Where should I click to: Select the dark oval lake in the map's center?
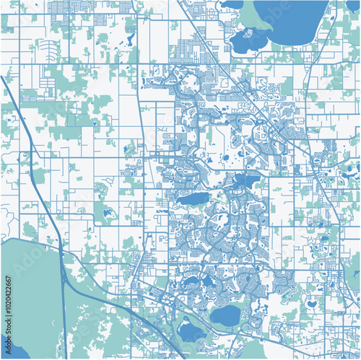coord(193,198)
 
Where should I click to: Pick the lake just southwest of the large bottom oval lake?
coord(191,332)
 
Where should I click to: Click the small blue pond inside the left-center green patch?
coord(108,214)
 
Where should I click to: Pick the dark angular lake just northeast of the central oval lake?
coord(247,181)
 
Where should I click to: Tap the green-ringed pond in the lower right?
coord(311,304)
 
